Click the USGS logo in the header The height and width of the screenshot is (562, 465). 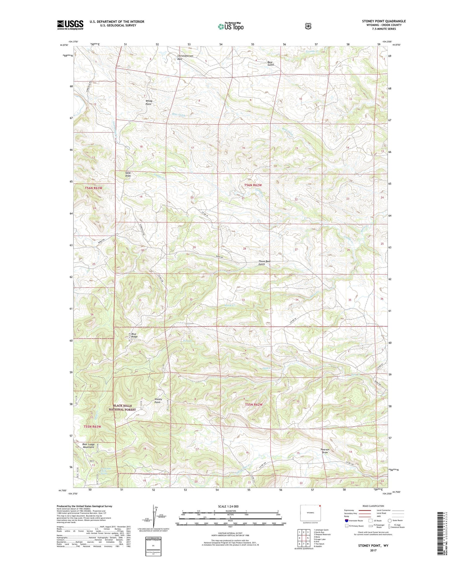click(x=70, y=25)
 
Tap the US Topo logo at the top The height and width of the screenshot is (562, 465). click(x=231, y=26)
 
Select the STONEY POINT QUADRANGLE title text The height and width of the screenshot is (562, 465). click(x=383, y=21)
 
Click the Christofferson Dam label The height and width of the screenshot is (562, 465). click(x=185, y=57)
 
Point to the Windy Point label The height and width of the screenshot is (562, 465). click(x=148, y=103)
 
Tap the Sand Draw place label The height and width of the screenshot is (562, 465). click(x=128, y=174)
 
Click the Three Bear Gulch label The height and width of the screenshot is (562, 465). click(x=264, y=263)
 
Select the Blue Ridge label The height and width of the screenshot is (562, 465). click(x=134, y=335)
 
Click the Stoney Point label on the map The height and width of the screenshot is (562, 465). click(x=158, y=401)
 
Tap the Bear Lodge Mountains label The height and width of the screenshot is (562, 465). click(x=88, y=446)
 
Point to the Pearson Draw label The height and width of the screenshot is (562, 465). click(x=325, y=451)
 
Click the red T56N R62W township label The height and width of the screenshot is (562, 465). click(x=253, y=185)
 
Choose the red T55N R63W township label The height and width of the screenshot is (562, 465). click(x=92, y=427)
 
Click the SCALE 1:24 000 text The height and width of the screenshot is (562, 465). click(x=228, y=506)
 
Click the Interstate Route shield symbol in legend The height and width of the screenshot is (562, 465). click(x=346, y=520)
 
